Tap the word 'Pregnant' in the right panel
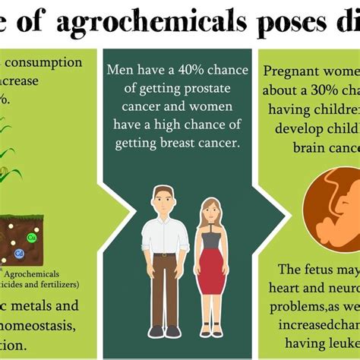coord(289,72)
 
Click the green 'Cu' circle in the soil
coord(32,238)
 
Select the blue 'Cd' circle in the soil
coord(19,253)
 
